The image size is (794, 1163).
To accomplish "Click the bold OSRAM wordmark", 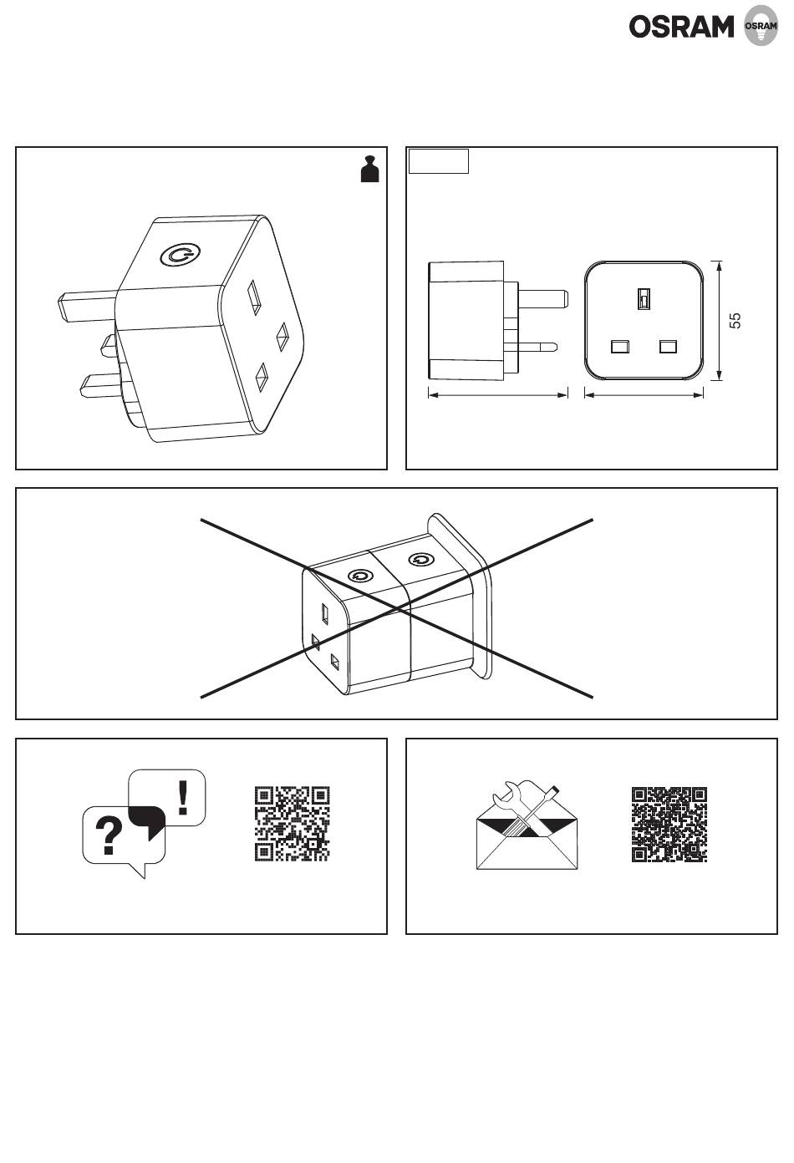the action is coord(681,27).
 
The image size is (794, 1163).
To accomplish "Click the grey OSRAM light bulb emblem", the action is coord(761,25).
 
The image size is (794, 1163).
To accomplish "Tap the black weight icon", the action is coord(369,169).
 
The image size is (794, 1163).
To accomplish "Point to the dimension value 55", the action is coord(735,320).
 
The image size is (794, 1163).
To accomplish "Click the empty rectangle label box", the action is coord(439,161).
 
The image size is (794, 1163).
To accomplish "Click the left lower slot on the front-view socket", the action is coord(619,346).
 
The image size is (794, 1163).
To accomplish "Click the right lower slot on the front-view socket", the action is coord(668,346).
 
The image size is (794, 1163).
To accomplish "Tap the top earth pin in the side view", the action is coord(542,298).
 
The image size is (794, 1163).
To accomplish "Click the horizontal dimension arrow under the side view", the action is coord(497,395).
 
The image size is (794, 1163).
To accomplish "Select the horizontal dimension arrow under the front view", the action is coord(644,395).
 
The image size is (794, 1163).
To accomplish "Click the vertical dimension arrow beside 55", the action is coord(719,320).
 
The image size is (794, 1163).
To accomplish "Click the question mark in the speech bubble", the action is coord(109,835).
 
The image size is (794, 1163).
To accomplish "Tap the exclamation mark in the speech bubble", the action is coord(183,797).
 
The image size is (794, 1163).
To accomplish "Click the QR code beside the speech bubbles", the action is coord(293,824).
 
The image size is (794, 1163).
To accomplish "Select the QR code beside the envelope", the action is coord(669,825).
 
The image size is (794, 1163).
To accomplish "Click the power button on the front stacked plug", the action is coord(360,576).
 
